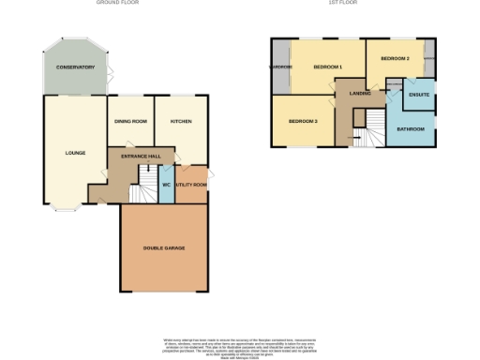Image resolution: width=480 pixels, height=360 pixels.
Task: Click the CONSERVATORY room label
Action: click(x=75, y=67)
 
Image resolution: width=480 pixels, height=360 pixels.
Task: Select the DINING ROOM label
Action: click(x=131, y=122)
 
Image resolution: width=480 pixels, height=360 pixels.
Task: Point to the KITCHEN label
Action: click(x=181, y=122)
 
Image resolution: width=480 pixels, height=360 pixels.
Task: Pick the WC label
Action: click(x=166, y=185)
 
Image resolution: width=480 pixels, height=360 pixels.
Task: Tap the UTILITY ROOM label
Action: click(x=191, y=185)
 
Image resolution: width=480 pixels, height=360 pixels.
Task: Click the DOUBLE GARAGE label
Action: click(x=163, y=247)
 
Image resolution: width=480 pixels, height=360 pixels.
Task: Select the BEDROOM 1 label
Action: click(x=327, y=67)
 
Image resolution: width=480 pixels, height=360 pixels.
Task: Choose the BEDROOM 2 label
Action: click(x=395, y=59)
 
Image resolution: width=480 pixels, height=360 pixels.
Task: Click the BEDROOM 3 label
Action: click(x=302, y=122)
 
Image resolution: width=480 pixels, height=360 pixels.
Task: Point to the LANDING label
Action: click(x=360, y=94)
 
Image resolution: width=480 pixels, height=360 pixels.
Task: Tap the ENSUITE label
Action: click(x=419, y=95)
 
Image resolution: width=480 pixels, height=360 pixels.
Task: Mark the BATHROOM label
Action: click(x=411, y=128)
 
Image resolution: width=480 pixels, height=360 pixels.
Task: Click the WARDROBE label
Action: click(x=280, y=67)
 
